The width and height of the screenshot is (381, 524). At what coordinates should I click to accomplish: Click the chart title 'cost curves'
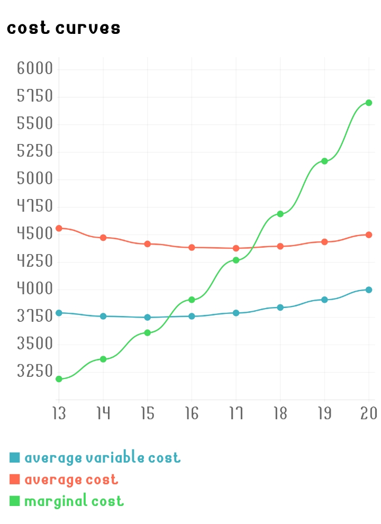tap(63, 28)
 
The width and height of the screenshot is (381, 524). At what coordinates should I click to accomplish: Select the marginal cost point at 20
tap(369, 103)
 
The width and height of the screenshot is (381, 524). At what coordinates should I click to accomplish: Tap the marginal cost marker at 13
tap(59, 379)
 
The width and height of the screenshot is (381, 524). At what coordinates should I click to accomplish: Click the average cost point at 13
tap(59, 228)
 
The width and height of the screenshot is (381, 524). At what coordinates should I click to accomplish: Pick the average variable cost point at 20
tap(369, 290)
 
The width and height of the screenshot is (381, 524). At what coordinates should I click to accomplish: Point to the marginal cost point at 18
tap(280, 214)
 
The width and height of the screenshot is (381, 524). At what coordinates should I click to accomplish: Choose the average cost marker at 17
tap(236, 248)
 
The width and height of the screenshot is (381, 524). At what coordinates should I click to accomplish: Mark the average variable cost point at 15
tap(148, 318)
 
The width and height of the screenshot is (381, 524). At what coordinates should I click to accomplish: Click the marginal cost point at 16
tap(192, 300)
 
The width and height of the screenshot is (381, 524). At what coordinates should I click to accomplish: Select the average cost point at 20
tap(369, 234)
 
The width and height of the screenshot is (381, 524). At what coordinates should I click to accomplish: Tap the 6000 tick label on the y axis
tap(35, 69)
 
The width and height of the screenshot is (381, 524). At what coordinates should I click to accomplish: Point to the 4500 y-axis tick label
tap(35, 234)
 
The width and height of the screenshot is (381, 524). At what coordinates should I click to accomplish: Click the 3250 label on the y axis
tap(35, 371)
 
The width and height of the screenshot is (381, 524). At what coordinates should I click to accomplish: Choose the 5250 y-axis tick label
tap(35, 151)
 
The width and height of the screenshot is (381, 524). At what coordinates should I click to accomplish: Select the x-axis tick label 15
tap(148, 413)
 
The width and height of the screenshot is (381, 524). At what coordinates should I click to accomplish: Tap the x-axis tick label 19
tap(324, 413)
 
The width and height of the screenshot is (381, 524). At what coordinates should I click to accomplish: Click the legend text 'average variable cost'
tap(102, 457)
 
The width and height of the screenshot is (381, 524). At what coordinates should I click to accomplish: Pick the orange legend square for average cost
tap(15, 479)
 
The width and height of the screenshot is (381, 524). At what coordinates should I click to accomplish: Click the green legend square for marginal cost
tap(15, 501)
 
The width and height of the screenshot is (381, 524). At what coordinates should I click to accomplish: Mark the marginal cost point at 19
tap(324, 161)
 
